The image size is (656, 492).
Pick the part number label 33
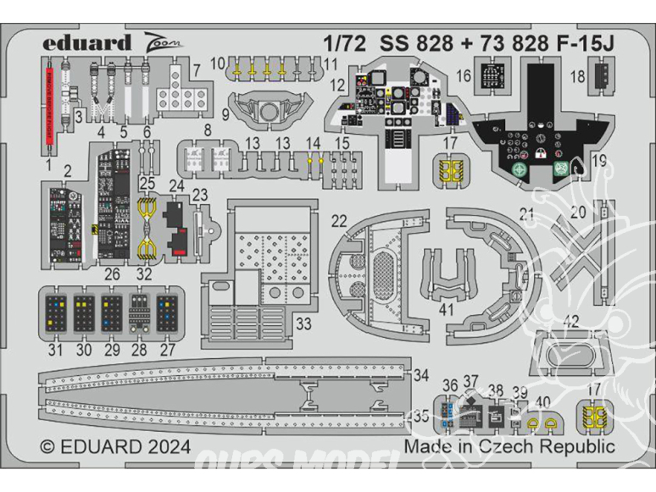pyautogui.click(x=303, y=324)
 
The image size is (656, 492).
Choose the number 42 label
pyautogui.click(x=571, y=321)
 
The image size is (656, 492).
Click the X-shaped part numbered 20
pyautogui.click(x=581, y=243)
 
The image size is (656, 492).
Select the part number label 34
pyautogui.click(x=420, y=375)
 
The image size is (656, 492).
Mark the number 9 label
pyautogui.click(x=226, y=113)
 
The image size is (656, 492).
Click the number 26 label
pyautogui.click(x=113, y=274)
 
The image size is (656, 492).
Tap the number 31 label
pyautogui.click(x=56, y=350)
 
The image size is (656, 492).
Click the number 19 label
pyautogui.click(x=600, y=160)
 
